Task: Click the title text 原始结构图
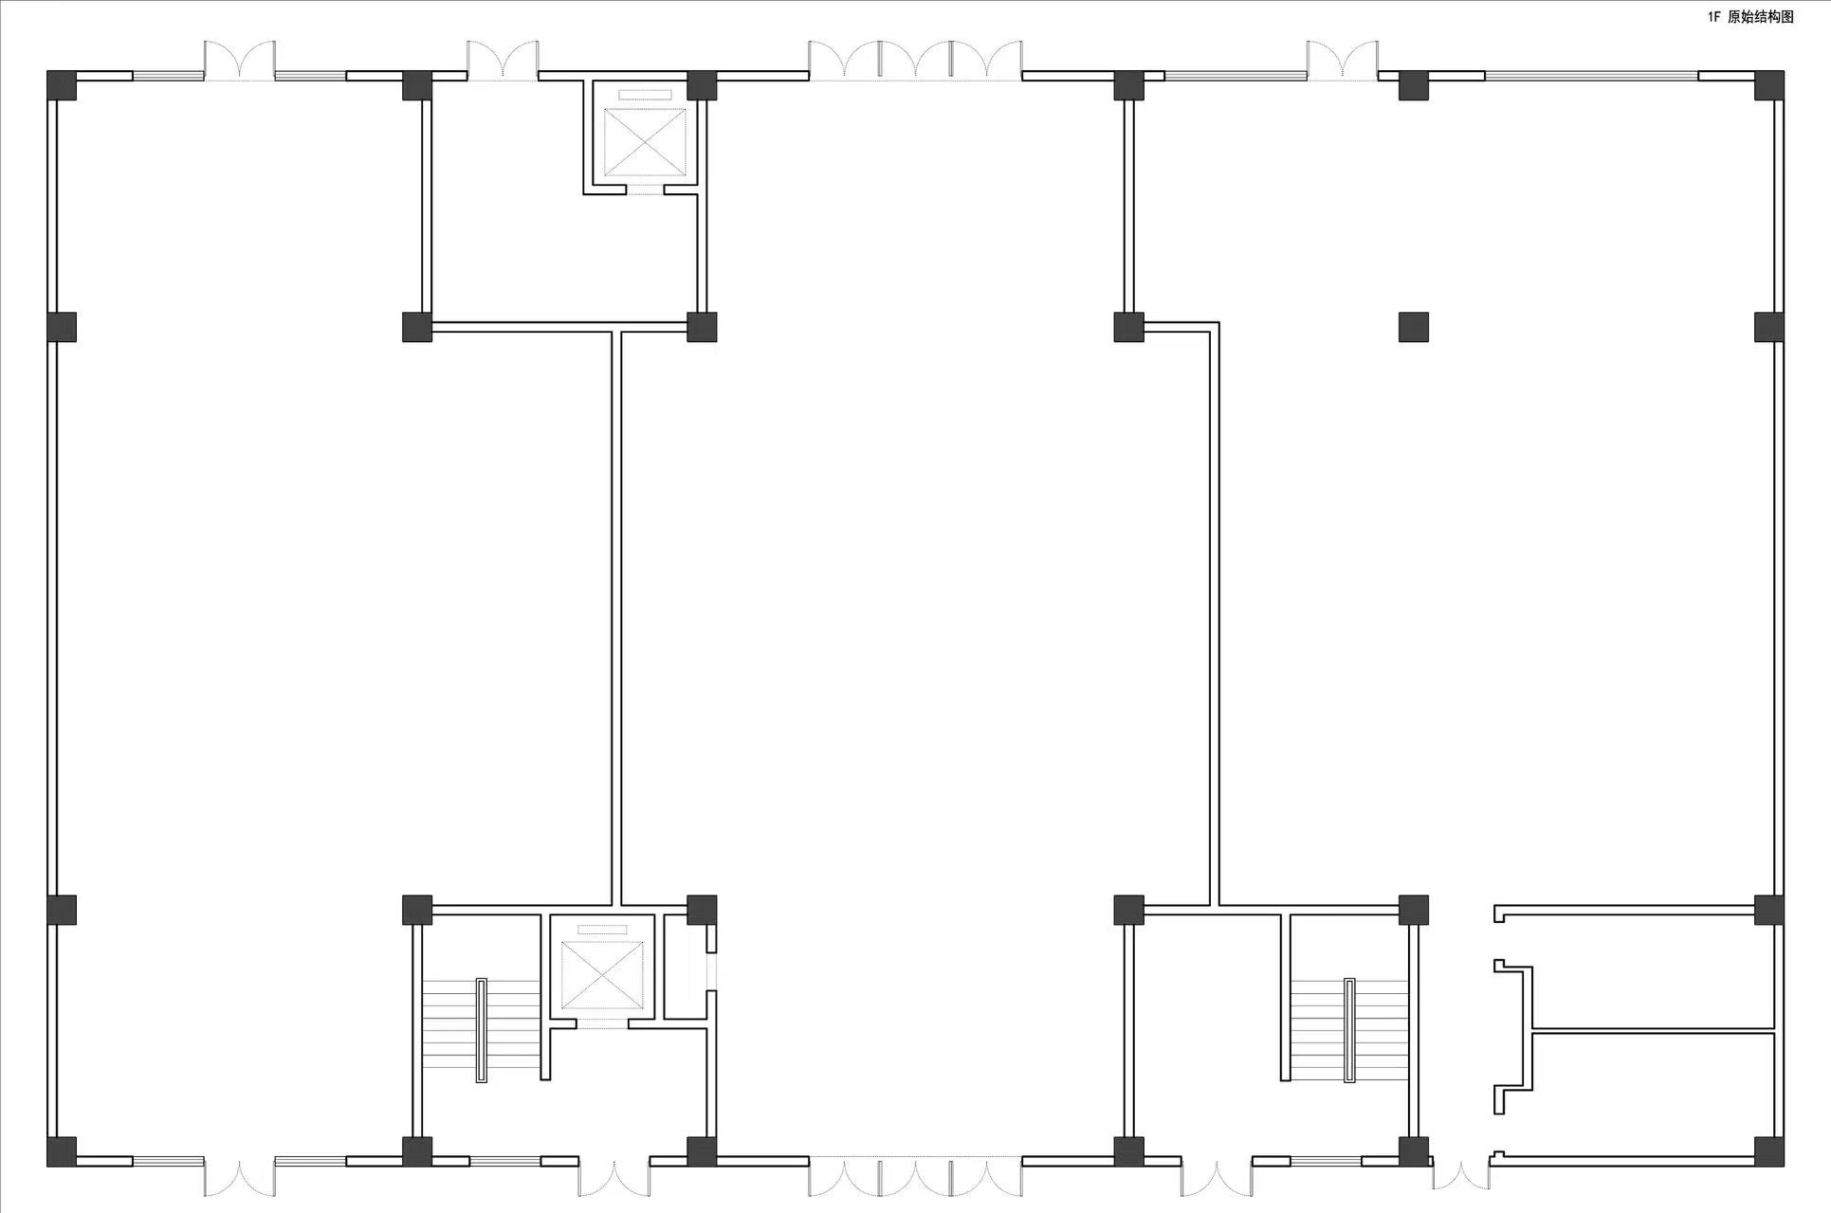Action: (x=1760, y=17)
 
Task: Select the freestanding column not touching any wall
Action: (x=1413, y=327)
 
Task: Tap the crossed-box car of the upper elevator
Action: (x=645, y=143)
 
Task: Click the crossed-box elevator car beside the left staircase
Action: (x=602, y=975)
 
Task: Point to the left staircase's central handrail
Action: (x=481, y=1030)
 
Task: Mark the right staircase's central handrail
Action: (x=1349, y=1030)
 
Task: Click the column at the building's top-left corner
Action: (x=62, y=85)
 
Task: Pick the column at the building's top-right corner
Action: (x=1768, y=85)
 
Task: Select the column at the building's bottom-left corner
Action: (x=62, y=1151)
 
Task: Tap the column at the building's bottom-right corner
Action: (x=1768, y=1151)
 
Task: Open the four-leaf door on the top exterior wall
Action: (x=915, y=61)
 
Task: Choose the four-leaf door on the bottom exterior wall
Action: (x=915, y=1176)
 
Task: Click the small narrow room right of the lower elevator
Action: (x=686, y=968)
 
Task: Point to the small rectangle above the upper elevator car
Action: (x=645, y=94)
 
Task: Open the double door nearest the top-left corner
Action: (x=240, y=61)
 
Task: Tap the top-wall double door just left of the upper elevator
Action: (x=503, y=61)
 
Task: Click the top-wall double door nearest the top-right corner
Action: (x=1343, y=61)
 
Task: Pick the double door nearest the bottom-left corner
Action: (x=240, y=1176)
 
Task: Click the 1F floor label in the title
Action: (x=1713, y=17)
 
